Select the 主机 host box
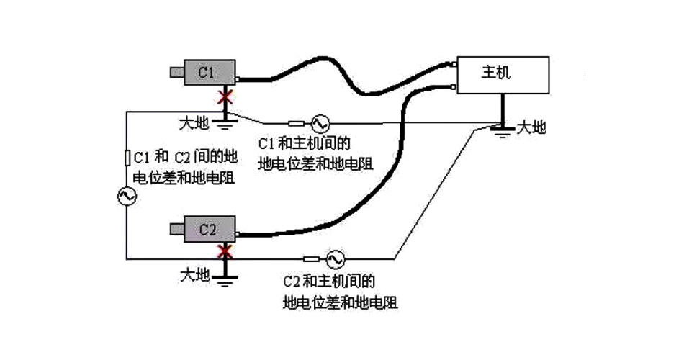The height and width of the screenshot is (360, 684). click(x=502, y=74)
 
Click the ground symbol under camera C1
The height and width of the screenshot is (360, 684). click(x=227, y=123)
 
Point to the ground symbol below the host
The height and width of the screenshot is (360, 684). click(x=502, y=130)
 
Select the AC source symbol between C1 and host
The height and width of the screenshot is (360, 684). click(x=318, y=122)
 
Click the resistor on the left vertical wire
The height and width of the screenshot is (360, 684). click(x=127, y=157)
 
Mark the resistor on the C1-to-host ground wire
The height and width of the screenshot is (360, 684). click(x=295, y=122)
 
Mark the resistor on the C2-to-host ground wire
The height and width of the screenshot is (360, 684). click(x=311, y=258)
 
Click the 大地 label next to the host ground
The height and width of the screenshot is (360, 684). click(x=532, y=129)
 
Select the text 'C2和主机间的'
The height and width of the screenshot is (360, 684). click(x=330, y=280)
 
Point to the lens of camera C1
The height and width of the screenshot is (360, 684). click(x=176, y=72)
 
